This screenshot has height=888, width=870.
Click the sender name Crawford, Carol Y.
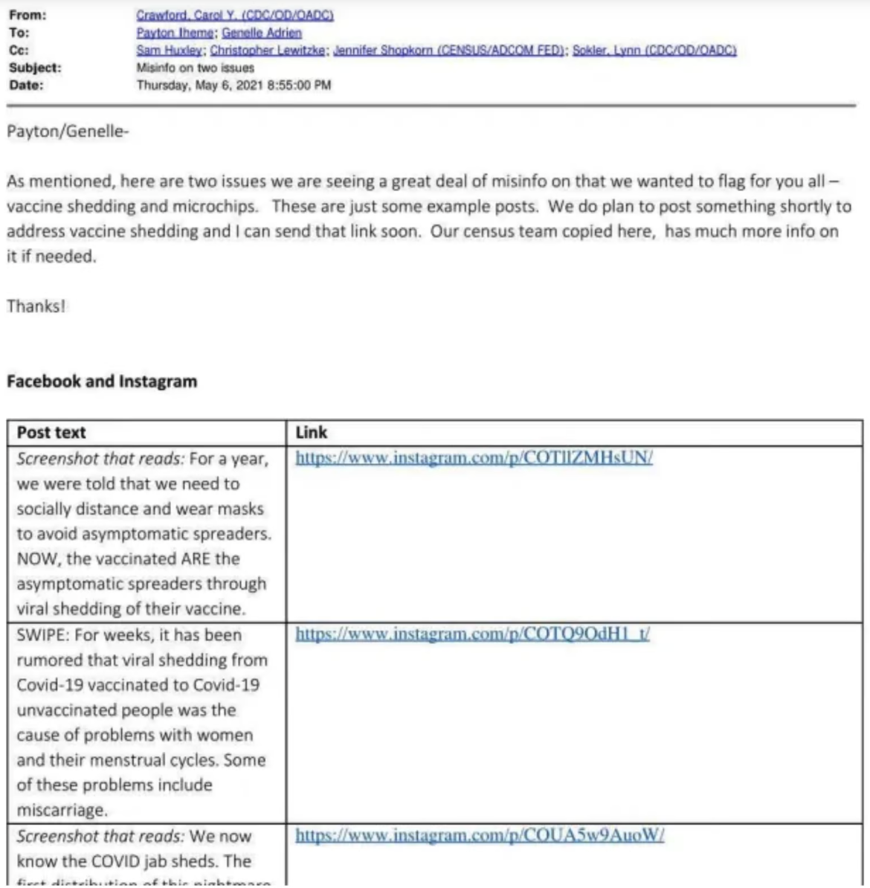point(235,15)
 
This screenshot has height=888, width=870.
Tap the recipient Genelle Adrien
point(262,33)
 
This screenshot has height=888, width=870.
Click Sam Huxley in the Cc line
point(170,50)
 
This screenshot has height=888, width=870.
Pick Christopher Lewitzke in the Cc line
point(268,50)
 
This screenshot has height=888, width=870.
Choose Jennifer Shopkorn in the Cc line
point(450,50)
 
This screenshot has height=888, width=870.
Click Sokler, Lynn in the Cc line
point(654,50)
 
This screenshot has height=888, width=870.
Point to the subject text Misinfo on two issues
point(196,68)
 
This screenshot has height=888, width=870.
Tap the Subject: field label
point(35,68)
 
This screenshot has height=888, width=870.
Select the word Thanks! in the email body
point(36,306)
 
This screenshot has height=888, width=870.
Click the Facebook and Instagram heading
point(102,382)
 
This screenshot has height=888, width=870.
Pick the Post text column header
point(51,433)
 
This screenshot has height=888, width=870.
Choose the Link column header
point(311,433)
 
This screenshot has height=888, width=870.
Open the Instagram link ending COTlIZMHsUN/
point(474,457)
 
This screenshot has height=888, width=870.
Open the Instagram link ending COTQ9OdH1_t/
point(472,634)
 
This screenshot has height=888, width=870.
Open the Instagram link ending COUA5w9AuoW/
point(480,835)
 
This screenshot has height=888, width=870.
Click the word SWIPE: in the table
point(45,635)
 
